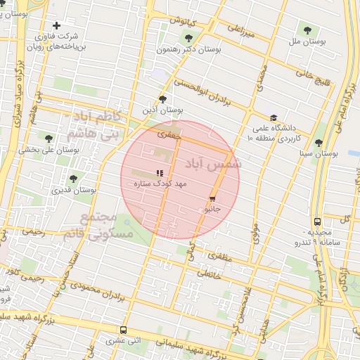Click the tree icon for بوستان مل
307,29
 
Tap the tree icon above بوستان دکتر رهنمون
188,37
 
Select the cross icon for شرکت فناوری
67,25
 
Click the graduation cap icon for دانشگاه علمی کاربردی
274,117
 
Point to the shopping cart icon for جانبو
212,199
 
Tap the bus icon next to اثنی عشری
124,330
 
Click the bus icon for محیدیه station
318,221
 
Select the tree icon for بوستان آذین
163,99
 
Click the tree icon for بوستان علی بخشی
49,139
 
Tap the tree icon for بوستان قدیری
73,179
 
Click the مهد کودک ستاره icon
160,172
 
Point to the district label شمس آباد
213,164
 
